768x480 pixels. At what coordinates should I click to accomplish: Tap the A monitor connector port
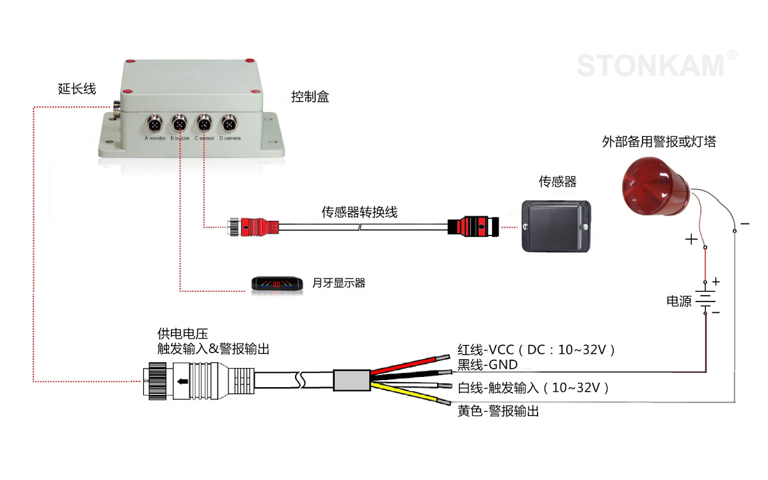pos(156,122)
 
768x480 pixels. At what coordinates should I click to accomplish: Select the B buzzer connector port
pos(180,122)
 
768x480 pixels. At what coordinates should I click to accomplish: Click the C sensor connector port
pos(204,122)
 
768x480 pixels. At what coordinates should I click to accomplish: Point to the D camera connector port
pos(228,122)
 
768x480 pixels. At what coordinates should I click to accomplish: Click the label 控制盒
pos(310,97)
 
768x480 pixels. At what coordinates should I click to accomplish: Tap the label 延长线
pos(77,89)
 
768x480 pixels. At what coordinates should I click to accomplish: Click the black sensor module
pos(555,225)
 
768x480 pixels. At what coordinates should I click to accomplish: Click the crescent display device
pos(276,283)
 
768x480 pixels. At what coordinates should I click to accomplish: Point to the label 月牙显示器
pos(339,283)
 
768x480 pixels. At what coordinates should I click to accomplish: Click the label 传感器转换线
pos(359,212)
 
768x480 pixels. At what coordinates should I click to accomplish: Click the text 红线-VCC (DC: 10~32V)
pos(536,350)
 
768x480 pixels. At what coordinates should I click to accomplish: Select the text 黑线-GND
pos(487,365)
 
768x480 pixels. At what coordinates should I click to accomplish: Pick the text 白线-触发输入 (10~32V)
pos(532,388)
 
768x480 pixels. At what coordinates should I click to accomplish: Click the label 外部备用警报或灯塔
pos(659,142)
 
